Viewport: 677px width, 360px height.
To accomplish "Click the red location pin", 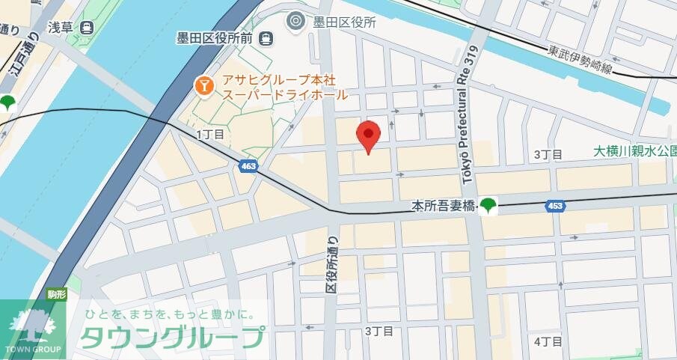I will pos(368,135).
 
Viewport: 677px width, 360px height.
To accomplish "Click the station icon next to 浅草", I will pos(88,28).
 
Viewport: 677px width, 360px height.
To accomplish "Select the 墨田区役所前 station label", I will pos(215,37).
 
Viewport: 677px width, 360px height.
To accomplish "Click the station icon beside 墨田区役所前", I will pos(265,37).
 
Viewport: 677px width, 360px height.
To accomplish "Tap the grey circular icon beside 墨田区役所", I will pos(296,22).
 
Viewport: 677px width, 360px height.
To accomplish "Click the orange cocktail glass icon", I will pos(203,86).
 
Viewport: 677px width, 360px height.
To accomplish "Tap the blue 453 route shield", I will pos(554,206).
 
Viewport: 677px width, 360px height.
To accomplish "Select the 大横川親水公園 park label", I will pos(634,151).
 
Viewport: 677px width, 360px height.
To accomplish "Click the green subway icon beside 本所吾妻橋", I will pos(488,204).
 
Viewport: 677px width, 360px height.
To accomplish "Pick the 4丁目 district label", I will pos(548,341).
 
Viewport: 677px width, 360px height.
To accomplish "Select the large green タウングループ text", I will pos(173,338).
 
